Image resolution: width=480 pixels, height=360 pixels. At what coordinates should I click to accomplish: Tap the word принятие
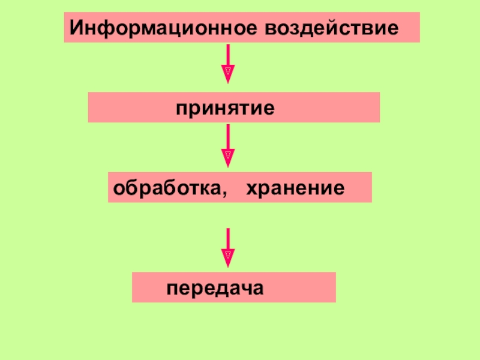[225, 109]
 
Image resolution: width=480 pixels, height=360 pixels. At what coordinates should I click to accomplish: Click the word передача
[215, 287]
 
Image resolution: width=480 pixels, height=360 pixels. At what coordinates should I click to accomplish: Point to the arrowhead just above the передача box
[228, 257]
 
